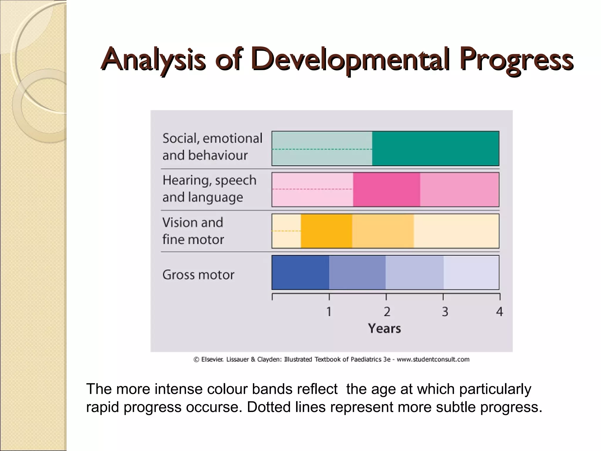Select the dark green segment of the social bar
(x=435, y=149)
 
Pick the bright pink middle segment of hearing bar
(x=386, y=190)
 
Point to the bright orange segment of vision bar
(x=326, y=231)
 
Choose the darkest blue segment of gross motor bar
(x=300, y=272)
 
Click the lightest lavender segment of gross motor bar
(x=471, y=272)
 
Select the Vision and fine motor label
(x=193, y=231)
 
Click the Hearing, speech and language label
(x=209, y=189)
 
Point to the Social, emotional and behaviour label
(x=212, y=147)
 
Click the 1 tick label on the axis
(x=329, y=312)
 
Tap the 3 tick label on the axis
(x=445, y=312)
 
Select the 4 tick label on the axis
(x=499, y=312)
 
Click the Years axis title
(x=384, y=329)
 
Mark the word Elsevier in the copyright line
(x=212, y=359)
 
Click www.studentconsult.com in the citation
(x=433, y=359)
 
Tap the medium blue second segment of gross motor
(x=357, y=272)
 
